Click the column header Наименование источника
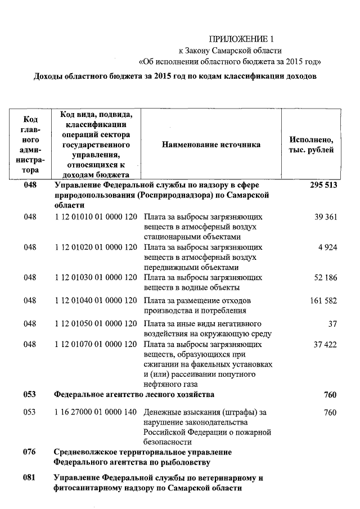coord(211,145)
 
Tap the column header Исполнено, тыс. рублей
coord(311,145)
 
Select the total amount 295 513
coord(323,185)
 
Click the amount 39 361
coord(326,217)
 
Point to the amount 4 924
coord(328,247)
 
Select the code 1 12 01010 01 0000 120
coord(96,217)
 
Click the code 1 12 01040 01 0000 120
coord(96,301)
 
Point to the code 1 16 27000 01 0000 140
coord(96,412)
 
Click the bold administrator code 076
coord(30,452)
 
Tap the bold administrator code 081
coord(30,478)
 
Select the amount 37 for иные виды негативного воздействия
coord(331,324)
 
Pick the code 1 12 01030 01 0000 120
coord(96,278)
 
